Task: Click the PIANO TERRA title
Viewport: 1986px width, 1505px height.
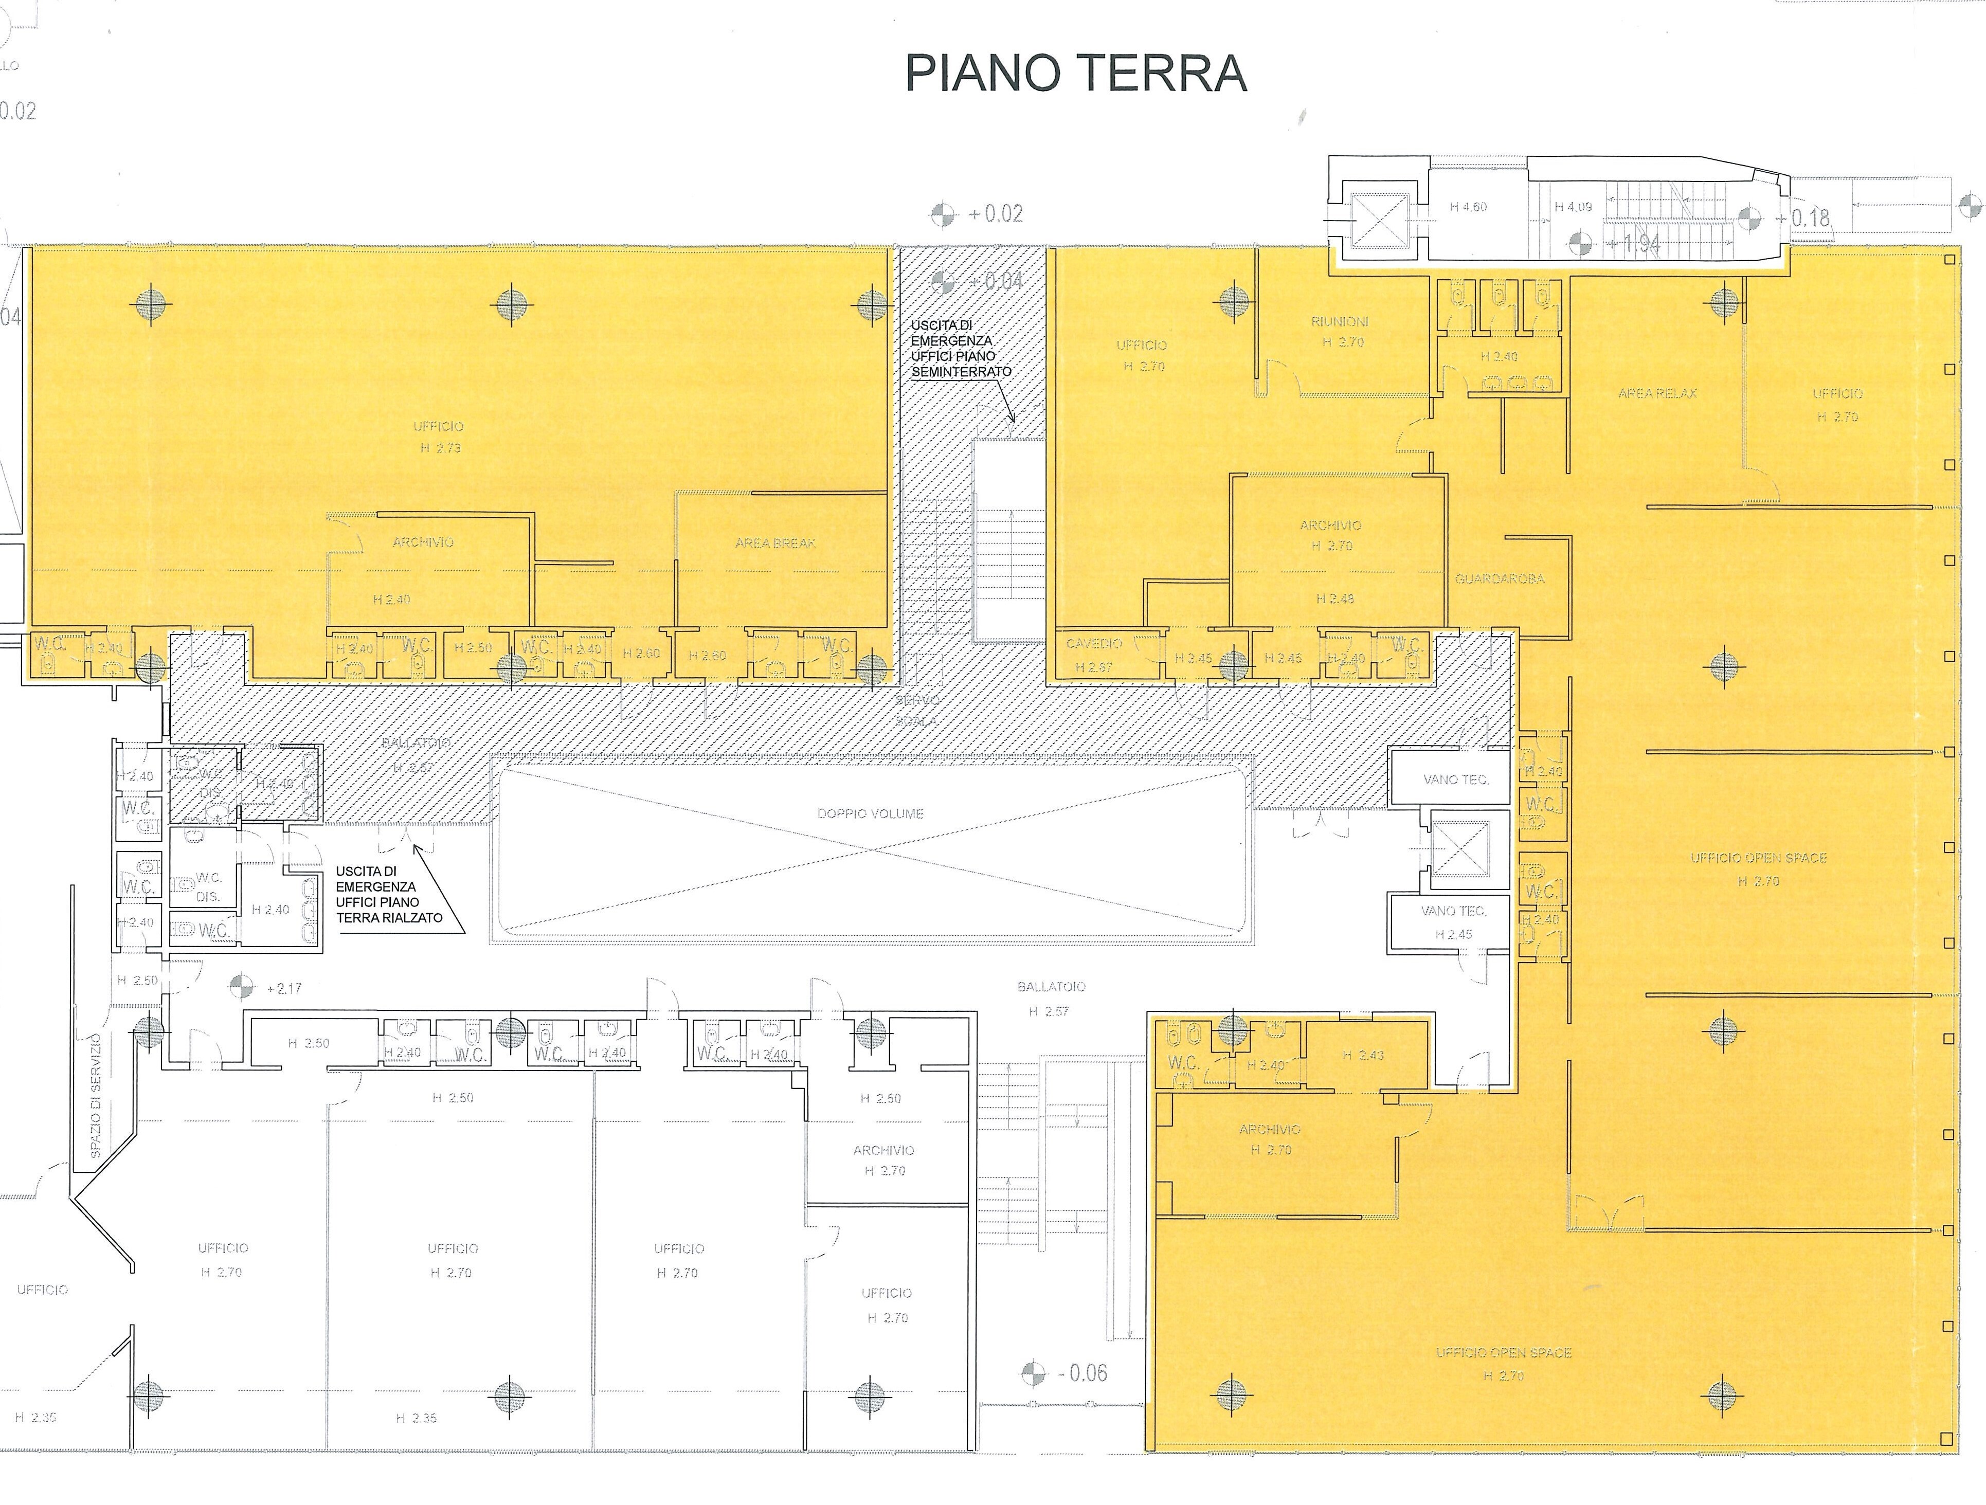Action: [1076, 74]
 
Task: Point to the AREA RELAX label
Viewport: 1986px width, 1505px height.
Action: [1657, 393]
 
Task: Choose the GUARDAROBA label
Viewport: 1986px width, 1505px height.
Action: [1500, 579]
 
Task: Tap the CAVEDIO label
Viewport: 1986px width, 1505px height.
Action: [1094, 644]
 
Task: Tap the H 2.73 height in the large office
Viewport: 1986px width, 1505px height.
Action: [440, 447]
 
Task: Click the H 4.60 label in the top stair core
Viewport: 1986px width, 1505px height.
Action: [1468, 207]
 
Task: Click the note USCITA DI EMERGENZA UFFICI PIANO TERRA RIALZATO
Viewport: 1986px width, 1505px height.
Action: [389, 894]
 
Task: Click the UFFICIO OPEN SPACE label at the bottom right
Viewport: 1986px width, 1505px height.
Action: [1503, 1352]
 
